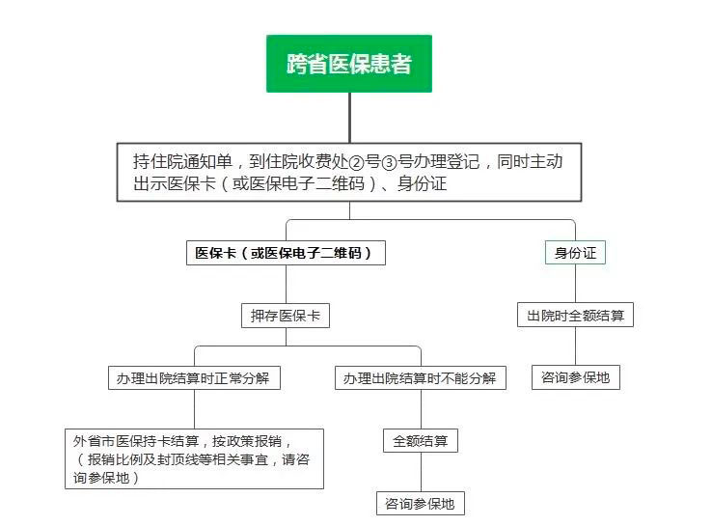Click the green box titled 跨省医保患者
(349, 64)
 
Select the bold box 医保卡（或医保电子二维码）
(285, 253)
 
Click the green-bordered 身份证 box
(575, 253)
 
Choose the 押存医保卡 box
(285, 315)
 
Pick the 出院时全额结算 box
(575, 315)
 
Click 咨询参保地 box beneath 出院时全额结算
(575, 376)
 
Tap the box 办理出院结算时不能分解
(420, 377)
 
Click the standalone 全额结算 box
(420, 441)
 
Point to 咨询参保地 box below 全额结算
(420, 503)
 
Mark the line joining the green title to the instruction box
(349, 117)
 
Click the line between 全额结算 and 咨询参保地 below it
(420, 472)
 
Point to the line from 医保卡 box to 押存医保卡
(285, 284)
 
